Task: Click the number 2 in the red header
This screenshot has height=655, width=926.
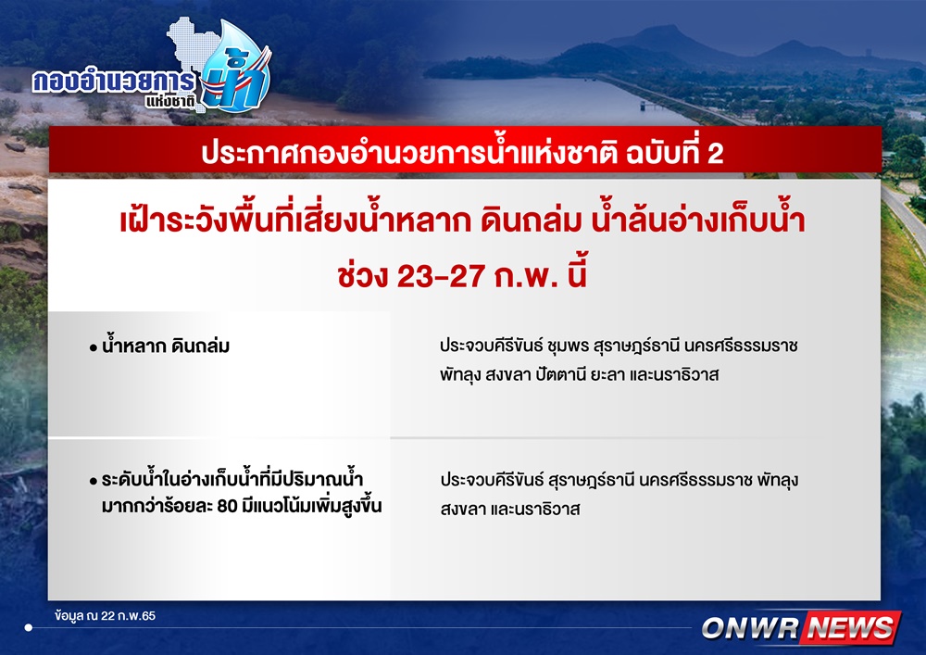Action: point(715,154)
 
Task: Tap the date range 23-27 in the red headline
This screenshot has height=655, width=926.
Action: point(441,276)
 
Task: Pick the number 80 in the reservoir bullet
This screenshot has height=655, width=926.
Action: point(228,506)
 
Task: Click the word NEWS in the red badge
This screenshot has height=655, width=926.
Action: point(850,627)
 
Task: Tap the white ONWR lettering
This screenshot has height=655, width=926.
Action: point(751,628)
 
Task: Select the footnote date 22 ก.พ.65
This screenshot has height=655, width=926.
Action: point(128,616)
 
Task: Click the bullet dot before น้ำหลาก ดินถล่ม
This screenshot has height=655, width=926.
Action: point(93,347)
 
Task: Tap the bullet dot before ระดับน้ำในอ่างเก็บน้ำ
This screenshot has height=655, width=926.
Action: point(93,482)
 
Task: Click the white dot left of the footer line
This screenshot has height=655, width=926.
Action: point(29,627)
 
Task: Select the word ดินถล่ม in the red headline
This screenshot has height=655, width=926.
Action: point(528,221)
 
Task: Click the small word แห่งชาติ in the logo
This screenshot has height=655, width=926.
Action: point(170,102)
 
